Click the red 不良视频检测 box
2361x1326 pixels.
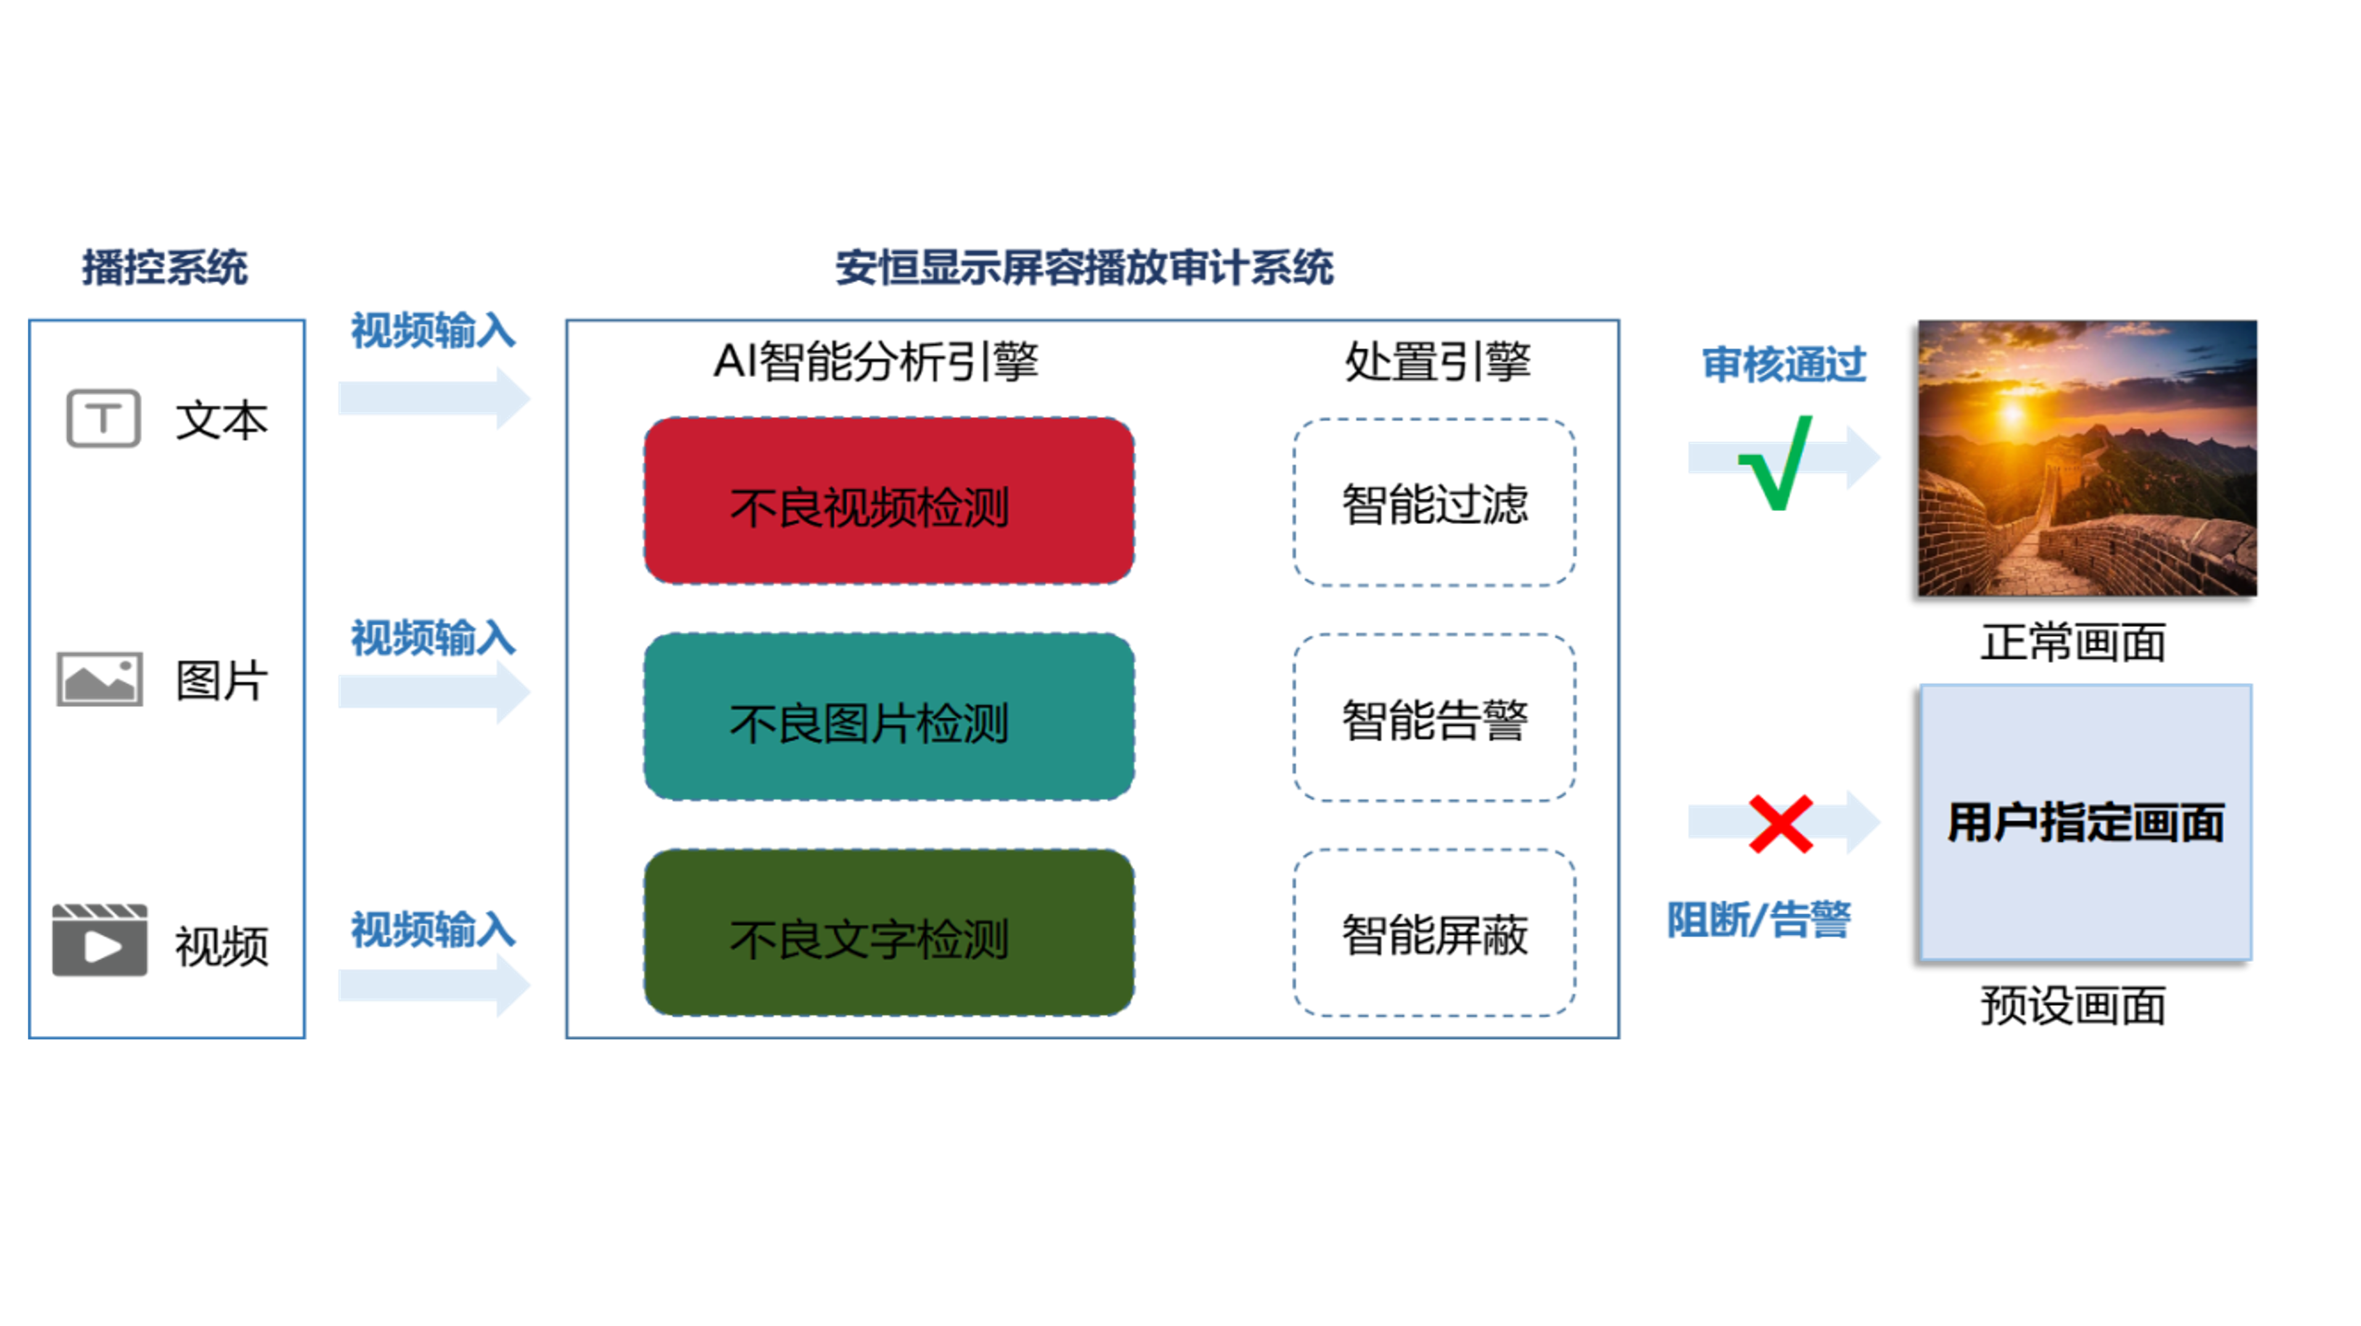[889, 501]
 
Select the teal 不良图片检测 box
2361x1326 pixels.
[889, 716]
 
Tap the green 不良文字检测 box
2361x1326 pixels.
[889, 932]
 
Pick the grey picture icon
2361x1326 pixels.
[99, 678]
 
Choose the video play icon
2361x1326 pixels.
[99, 940]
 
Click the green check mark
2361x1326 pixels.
[1778, 463]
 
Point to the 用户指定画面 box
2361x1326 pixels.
[2086, 822]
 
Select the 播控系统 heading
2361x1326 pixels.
[165, 268]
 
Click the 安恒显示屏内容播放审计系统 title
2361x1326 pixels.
[1085, 268]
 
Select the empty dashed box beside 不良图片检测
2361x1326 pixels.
[1434, 716]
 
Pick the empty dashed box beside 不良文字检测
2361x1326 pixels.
[1434, 932]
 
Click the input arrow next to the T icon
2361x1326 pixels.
[434, 398]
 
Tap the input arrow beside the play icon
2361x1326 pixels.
[434, 985]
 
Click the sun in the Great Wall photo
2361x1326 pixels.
[2012, 412]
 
